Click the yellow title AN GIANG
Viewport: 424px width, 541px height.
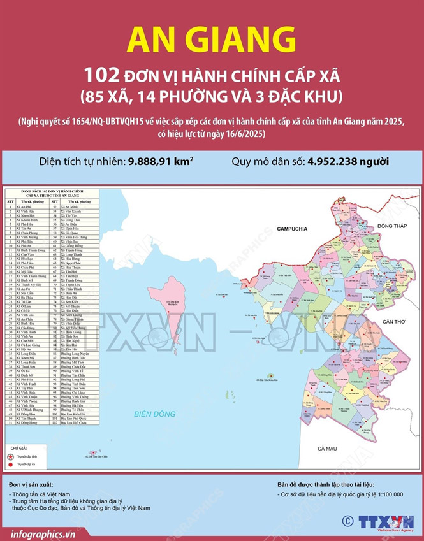211,40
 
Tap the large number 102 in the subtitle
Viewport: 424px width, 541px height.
100,76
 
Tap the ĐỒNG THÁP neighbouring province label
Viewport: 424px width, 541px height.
391,226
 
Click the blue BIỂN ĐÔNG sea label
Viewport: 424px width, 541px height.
155,414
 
